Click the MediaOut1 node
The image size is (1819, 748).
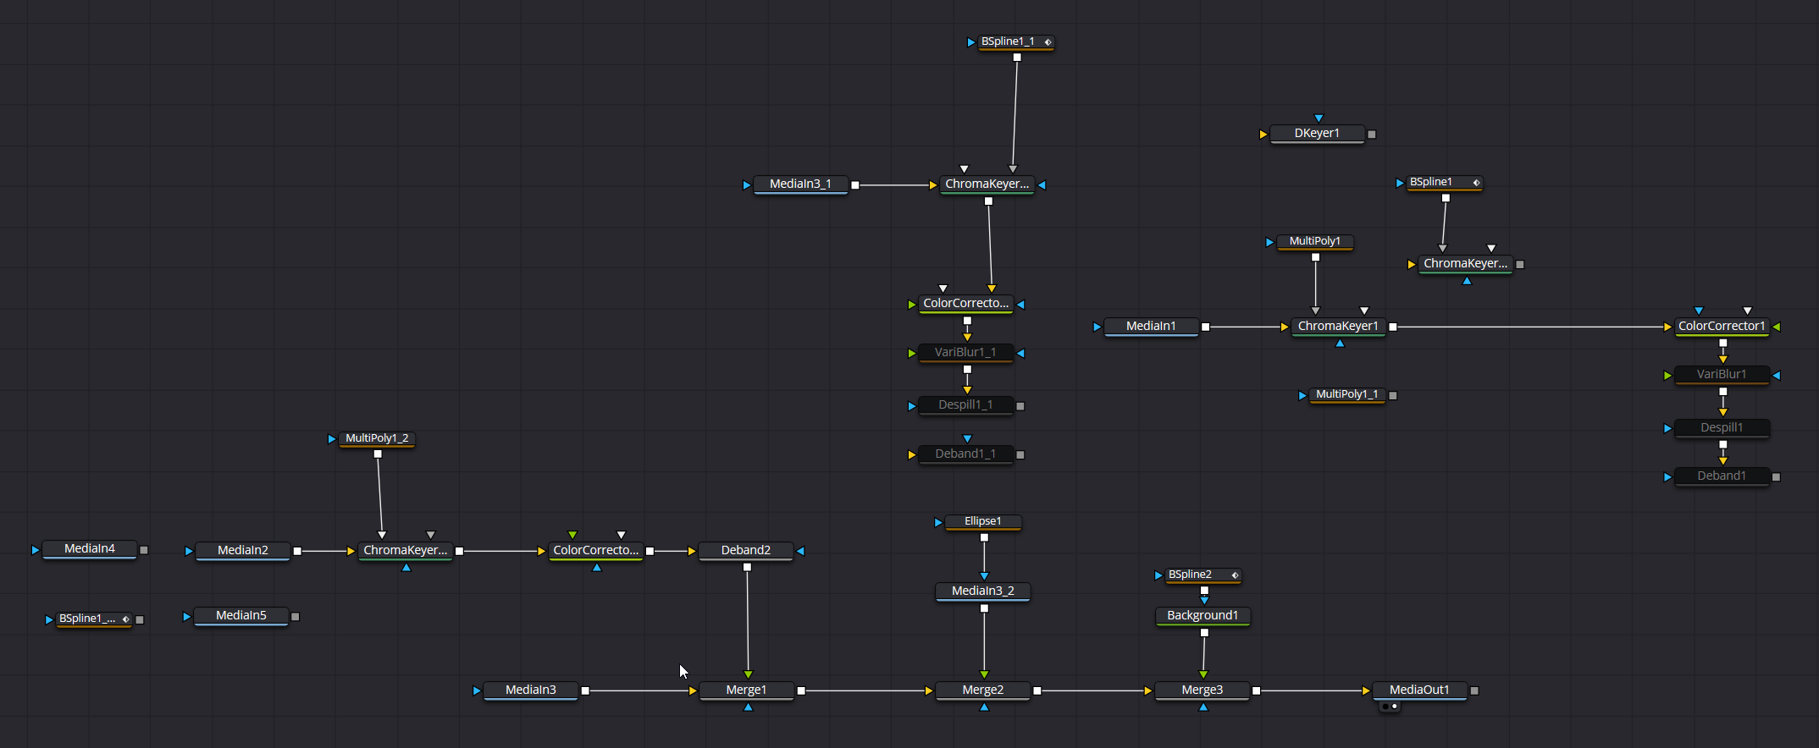coord(1419,690)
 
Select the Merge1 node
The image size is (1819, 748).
coord(746,690)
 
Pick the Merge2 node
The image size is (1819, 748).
coord(982,690)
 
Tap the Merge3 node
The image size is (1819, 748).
coord(1202,690)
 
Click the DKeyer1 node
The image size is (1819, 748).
coord(1317,134)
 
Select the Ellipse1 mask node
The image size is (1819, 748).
coord(982,521)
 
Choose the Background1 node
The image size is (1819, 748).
coord(1203,616)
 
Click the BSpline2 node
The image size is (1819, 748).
coord(1191,575)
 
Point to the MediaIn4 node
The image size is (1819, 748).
coord(89,549)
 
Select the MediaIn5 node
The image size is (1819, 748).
coord(241,616)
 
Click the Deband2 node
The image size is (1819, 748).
coord(745,551)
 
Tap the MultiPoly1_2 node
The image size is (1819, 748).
coord(377,438)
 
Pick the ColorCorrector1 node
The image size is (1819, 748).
coord(1722,327)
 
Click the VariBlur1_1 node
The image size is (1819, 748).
coord(965,353)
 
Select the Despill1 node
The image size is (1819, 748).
coord(1722,428)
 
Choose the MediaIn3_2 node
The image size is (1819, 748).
coord(982,591)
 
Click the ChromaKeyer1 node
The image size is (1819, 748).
coord(1338,327)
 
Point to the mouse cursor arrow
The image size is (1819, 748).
coord(683,671)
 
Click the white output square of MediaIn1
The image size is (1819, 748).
coord(1205,327)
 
